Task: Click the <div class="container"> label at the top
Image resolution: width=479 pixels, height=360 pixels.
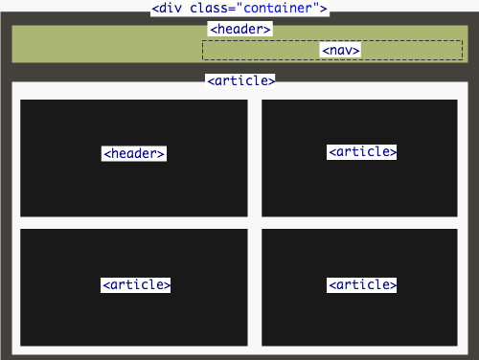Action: pyautogui.click(x=239, y=10)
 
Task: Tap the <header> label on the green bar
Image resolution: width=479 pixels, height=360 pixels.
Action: pyautogui.click(x=239, y=30)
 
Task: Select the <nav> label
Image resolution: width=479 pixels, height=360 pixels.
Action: pyautogui.click(x=341, y=50)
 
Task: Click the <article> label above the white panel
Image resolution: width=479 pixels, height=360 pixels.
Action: pyautogui.click(x=240, y=81)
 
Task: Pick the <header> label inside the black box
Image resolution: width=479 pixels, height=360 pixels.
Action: pyautogui.click(x=134, y=153)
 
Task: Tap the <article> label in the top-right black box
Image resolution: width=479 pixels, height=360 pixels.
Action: pyautogui.click(x=362, y=151)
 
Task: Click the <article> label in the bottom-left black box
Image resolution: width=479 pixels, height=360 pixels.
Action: pyautogui.click(x=136, y=284)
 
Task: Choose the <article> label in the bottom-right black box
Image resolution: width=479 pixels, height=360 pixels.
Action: pyautogui.click(x=362, y=284)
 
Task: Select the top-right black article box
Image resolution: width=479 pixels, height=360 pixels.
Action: pyautogui.click(x=362, y=187)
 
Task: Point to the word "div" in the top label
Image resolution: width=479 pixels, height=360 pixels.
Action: pyautogui.click(x=171, y=10)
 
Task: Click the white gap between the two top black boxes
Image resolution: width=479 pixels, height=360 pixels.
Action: pyautogui.click(x=255, y=158)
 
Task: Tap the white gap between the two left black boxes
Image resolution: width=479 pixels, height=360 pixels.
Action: pyautogui.click(x=134, y=223)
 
